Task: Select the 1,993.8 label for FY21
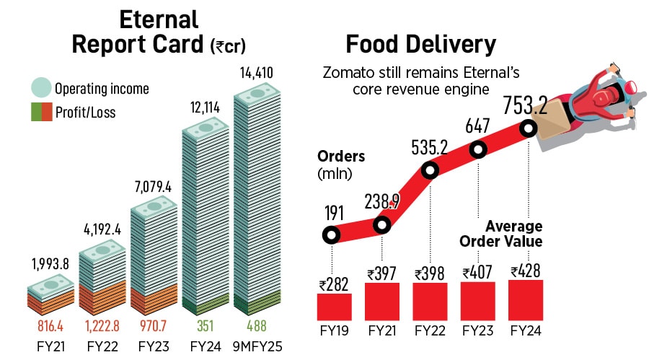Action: point(49,264)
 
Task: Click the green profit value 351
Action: point(205,325)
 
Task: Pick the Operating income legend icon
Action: point(43,89)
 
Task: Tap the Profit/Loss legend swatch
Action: point(43,112)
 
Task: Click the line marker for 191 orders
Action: point(331,234)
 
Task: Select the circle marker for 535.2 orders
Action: point(429,171)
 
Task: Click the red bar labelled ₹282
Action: point(334,306)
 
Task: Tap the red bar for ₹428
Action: point(526,300)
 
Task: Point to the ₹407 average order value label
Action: point(477,273)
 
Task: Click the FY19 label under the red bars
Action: point(334,332)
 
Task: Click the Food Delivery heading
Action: point(421,45)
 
